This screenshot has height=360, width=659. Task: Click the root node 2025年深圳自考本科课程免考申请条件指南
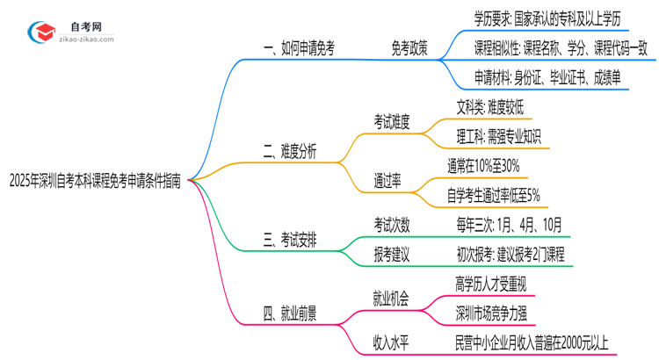[95, 181]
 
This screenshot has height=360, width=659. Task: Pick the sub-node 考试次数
[392, 225]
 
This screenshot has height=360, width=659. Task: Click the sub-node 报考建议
[392, 255]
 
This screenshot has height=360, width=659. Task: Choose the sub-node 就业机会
[392, 298]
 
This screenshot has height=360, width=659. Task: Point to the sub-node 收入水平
[392, 342]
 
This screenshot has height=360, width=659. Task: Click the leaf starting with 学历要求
[548, 18]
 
